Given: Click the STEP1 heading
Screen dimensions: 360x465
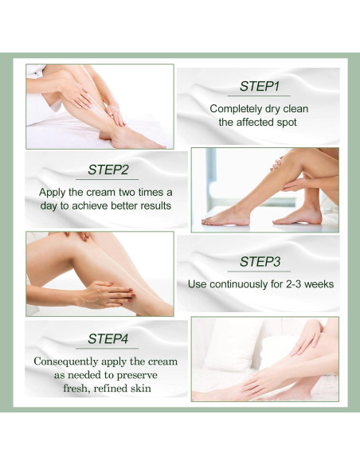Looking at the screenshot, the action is pyautogui.click(x=259, y=86).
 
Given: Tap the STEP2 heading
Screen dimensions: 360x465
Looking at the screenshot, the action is pyautogui.click(x=108, y=170).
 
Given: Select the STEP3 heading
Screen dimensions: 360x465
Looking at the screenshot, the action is pyautogui.click(x=260, y=261).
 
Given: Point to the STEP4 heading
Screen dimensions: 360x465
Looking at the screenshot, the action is pyautogui.click(x=108, y=338).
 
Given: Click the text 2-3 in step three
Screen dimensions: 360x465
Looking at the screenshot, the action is pyautogui.click(x=294, y=284).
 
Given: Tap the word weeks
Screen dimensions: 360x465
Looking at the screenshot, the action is pyautogui.click(x=319, y=284).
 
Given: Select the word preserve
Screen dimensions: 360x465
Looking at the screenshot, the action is pyautogui.click(x=137, y=376).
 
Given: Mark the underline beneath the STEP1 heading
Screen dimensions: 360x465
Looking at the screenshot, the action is pyautogui.click(x=259, y=96).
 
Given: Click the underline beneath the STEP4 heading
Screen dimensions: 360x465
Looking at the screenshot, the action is pyautogui.click(x=107, y=349).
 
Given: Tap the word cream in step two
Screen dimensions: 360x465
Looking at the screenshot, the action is pyautogui.click(x=102, y=193).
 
